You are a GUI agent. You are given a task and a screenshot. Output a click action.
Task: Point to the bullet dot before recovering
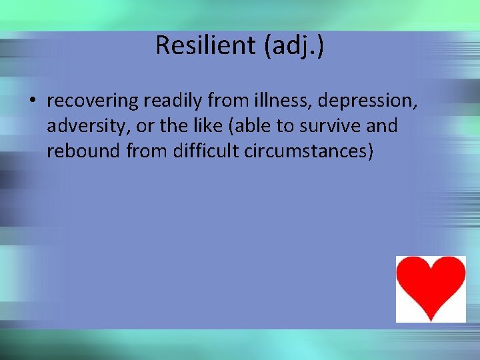point(31,101)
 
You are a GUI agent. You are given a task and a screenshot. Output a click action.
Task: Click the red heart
point(431,287)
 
